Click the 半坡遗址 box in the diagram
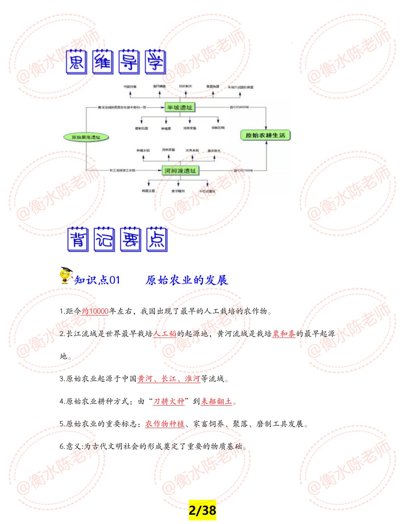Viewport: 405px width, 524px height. (x=179, y=108)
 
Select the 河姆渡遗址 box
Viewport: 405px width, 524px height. (x=180, y=171)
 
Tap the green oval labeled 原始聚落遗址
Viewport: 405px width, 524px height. (x=86, y=137)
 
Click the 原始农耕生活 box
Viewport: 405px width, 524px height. (x=265, y=135)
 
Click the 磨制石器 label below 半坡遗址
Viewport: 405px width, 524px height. (x=141, y=128)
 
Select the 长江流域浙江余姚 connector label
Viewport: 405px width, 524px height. (x=122, y=171)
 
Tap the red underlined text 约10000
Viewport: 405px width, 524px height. (x=95, y=311)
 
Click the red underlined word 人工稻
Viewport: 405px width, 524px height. (x=165, y=334)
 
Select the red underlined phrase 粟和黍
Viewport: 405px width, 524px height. (x=284, y=334)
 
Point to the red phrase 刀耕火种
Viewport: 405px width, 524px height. (x=169, y=402)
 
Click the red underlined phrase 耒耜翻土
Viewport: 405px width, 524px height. (x=216, y=402)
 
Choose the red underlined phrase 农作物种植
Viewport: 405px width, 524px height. (x=165, y=424)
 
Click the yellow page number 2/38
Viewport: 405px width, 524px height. (x=202, y=510)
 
